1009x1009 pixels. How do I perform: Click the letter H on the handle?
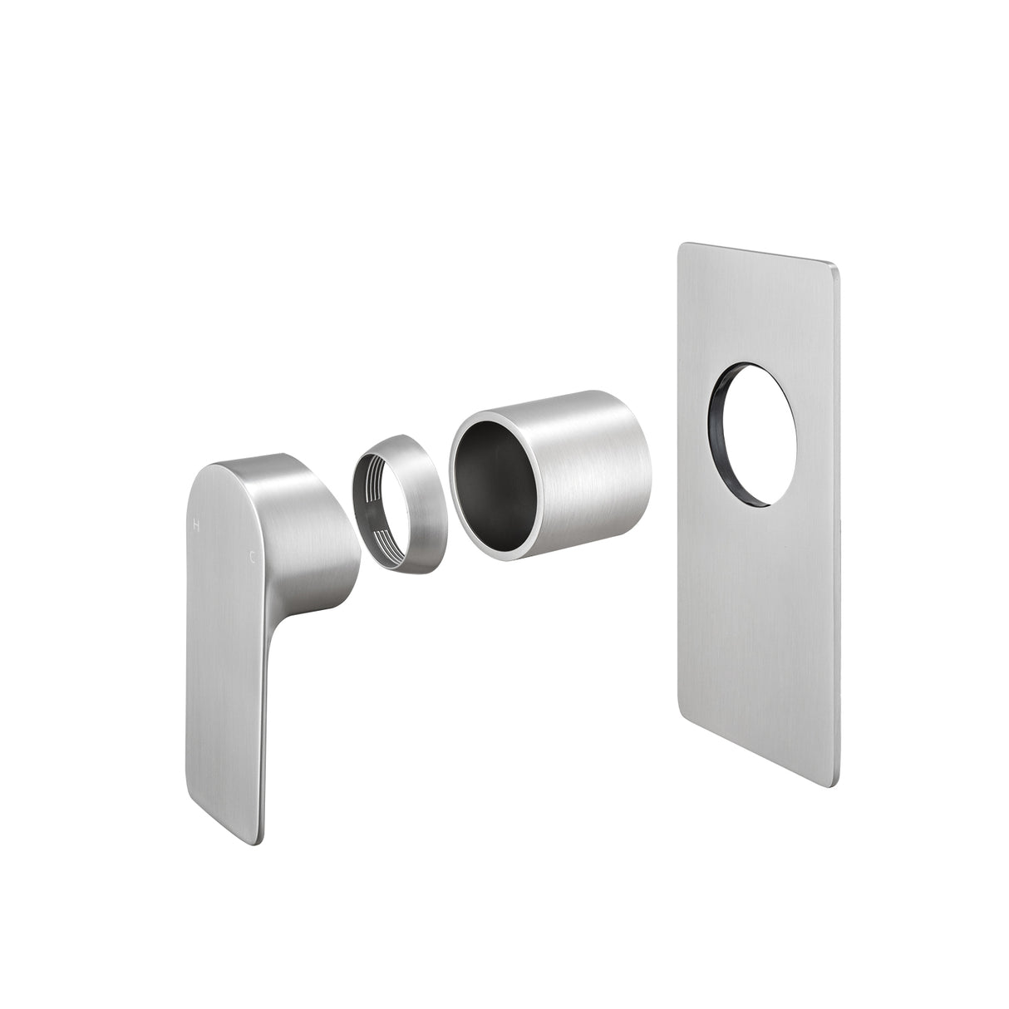pyautogui.click(x=197, y=524)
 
